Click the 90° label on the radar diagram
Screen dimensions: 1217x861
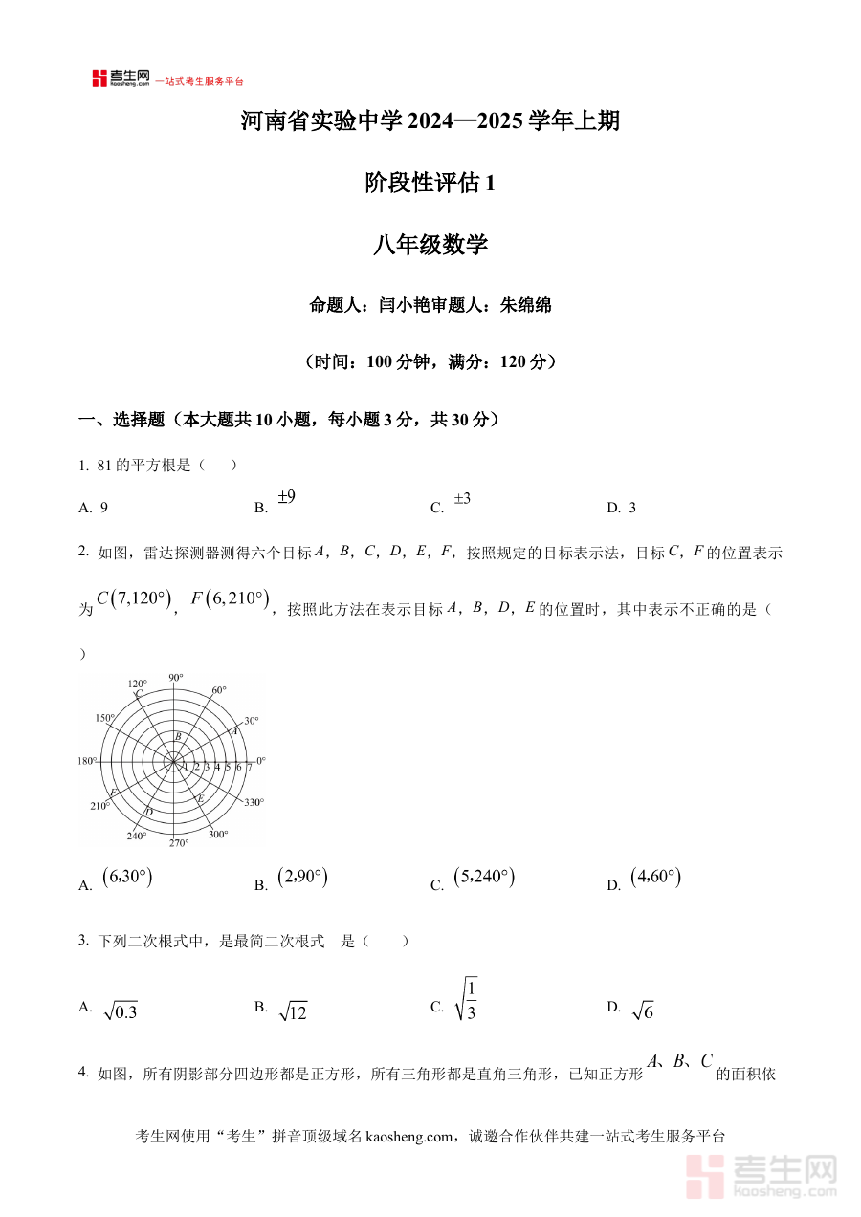tap(175, 678)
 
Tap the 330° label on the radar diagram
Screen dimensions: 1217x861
tap(254, 803)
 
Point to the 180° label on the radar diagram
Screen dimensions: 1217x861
tap(87, 761)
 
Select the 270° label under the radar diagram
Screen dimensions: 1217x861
tap(179, 843)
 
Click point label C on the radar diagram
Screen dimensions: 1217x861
tap(139, 694)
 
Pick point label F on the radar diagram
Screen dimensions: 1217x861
tap(114, 793)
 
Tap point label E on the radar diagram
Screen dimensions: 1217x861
tap(200, 797)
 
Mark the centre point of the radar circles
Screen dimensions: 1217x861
tap(174, 761)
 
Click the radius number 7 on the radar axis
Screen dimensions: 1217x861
tap(249, 767)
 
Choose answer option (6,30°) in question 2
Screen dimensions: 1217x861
tap(127, 878)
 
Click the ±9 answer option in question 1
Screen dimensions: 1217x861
tap(286, 497)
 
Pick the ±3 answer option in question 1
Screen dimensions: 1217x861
tap(461, 498)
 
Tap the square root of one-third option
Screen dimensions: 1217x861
tap(467, 1000)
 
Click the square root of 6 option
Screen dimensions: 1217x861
tap(643, 1011)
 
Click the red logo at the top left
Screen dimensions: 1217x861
tap(99, 78)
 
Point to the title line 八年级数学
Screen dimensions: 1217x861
tap(430, 245)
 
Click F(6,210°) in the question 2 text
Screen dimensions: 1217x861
tap(231, 599)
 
